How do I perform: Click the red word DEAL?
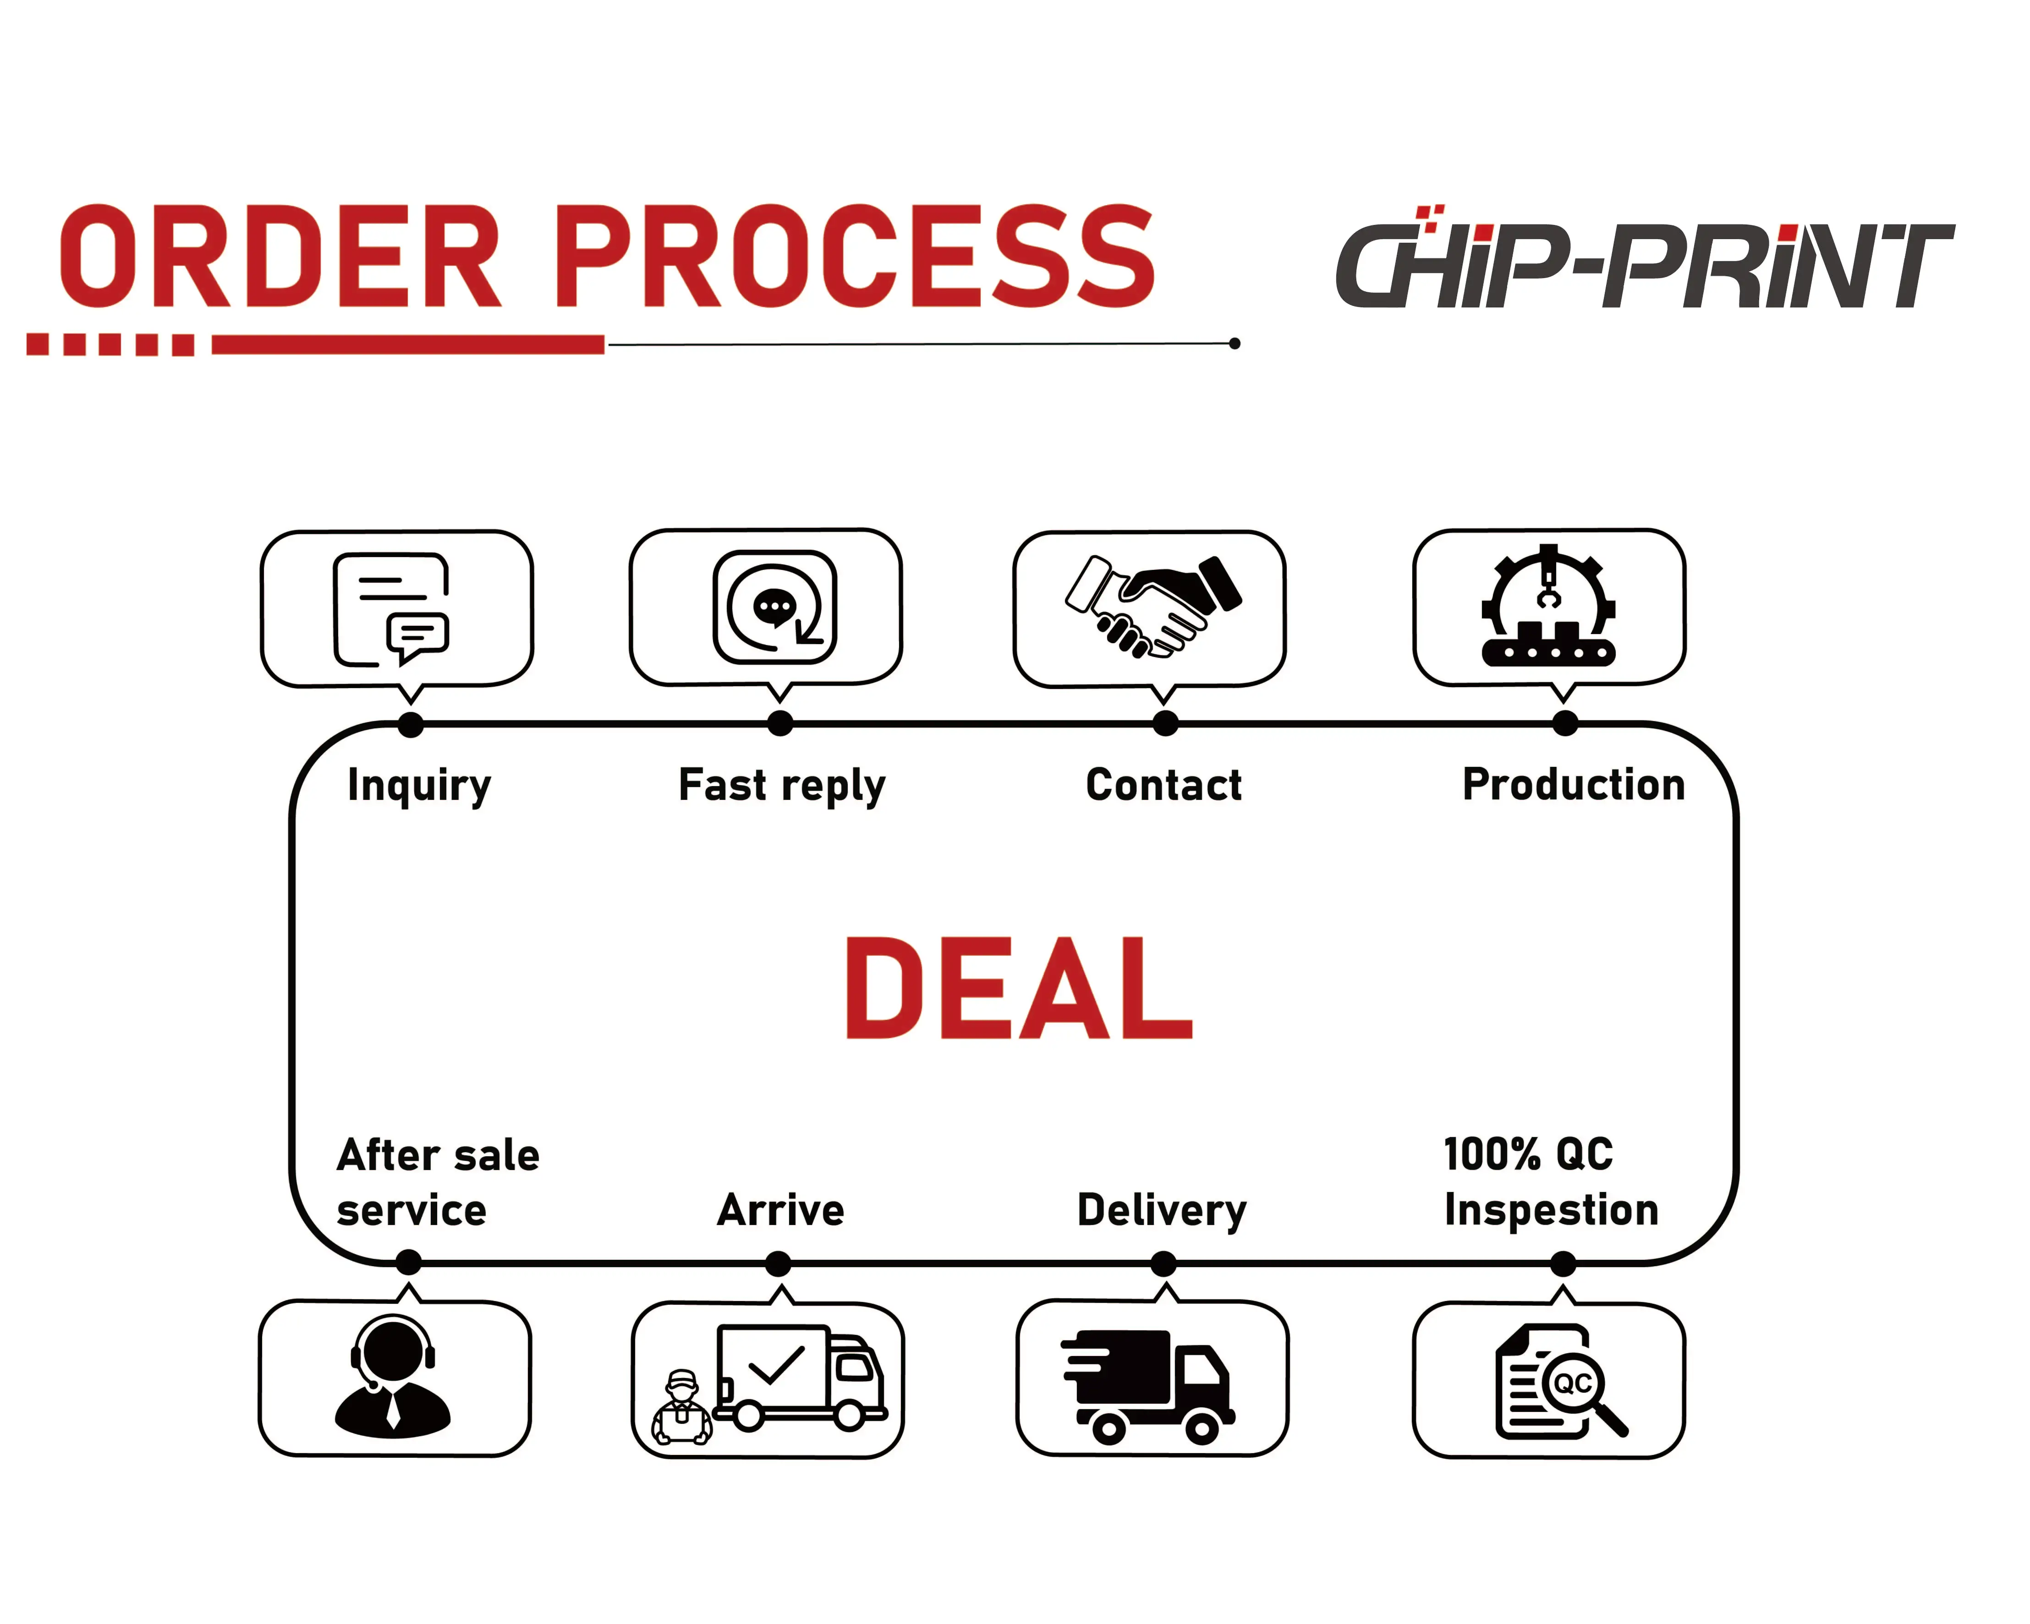1019,989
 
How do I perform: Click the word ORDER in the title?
280,257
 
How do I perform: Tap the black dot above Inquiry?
411,724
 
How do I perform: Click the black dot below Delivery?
1164,1263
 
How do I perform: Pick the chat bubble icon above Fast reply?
774,607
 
